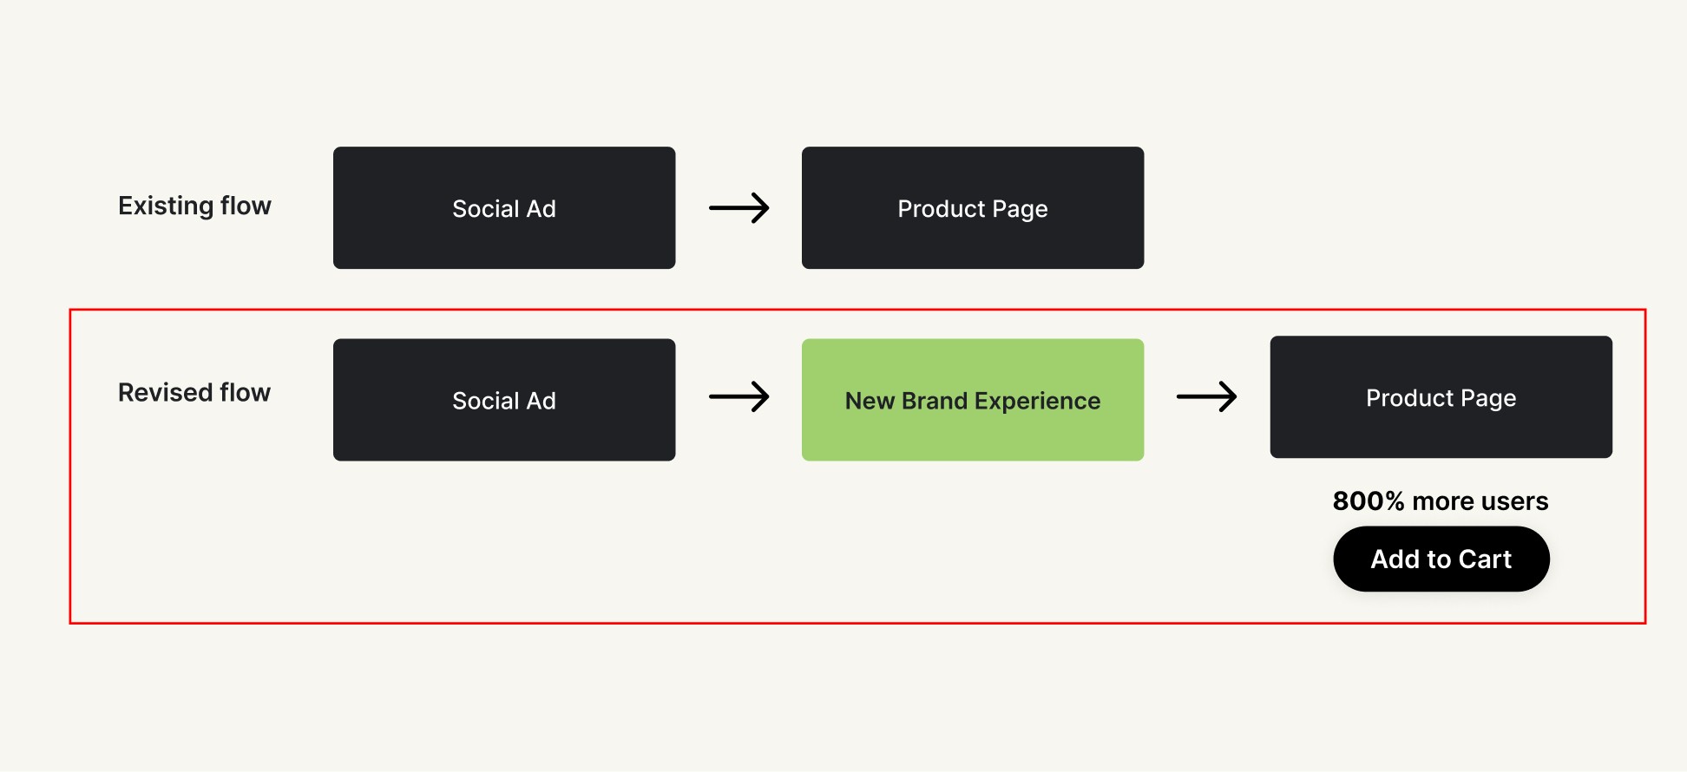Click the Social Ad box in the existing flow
[x=504, y=208]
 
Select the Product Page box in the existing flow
[x=972, y=208]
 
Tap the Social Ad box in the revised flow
[x=504, y=400]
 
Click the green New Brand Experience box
[x=972, y=400]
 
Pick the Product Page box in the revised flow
[x=1441, y=397]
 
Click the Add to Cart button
[x=1441, y=559]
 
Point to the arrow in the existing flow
[x=738, y=208]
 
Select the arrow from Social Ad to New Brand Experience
[x=738, y=397]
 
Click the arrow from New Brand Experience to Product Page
[x=1206, y=397]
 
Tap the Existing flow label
[x=194, y=206]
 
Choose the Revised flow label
[x=194, y=393]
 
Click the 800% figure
[x=1368, y=501]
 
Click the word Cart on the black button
[x=1485, y=559]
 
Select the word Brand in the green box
[x=935, y=401]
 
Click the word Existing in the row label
[x=166, y=206]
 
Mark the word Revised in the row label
[x=165, y=393]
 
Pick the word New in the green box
[x=870, y=401]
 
